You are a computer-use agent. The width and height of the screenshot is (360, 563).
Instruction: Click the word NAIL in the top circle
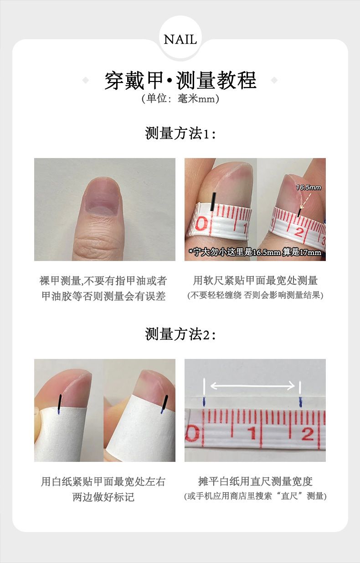pos(180,40)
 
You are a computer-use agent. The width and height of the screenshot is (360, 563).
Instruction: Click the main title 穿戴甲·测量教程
pos(180,81)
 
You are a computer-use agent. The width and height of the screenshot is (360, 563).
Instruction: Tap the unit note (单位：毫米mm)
pos(180,98)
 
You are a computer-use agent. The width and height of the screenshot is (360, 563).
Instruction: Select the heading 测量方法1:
pos(180,133)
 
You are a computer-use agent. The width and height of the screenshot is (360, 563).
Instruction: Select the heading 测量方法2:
pos(180,334)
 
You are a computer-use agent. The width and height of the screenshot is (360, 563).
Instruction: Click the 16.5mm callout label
pos(309,187)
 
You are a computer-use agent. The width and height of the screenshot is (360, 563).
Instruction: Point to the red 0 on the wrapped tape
pos(201,224)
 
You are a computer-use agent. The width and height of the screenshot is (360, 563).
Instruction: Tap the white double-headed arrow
pos(252,385)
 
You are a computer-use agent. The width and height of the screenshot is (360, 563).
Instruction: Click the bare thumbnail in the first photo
pos(102,197)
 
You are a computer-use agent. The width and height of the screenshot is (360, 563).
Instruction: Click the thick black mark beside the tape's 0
pos(213,202)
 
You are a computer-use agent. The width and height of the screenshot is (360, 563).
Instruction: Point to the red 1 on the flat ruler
pos(252,433)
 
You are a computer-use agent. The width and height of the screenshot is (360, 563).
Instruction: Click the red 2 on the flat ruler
pos(307,434)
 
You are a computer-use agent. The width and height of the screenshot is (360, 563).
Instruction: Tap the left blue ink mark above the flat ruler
pos(204,402)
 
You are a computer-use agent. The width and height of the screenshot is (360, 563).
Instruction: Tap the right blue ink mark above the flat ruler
pos(300,402)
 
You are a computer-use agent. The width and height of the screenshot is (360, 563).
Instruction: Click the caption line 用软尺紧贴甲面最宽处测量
pos(255,281)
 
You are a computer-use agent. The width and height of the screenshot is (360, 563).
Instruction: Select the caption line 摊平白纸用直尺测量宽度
pos(255,481)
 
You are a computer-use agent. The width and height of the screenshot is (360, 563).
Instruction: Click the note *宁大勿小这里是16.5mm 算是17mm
pos(255,252)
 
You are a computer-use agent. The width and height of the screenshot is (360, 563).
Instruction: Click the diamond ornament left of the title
pos(86,80)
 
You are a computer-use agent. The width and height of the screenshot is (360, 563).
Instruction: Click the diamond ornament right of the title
pos(274,80)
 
